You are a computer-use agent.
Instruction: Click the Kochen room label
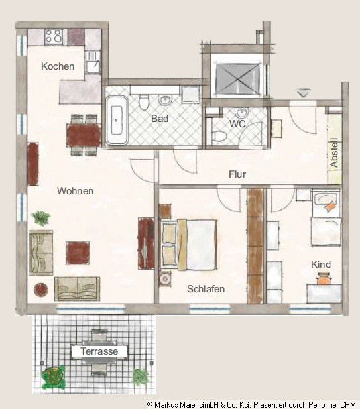58,66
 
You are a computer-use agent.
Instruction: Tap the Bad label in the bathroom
160,119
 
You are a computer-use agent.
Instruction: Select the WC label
237,124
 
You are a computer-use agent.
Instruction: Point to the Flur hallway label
237,174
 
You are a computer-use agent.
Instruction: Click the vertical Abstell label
334,152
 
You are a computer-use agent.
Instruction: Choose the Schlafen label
206,289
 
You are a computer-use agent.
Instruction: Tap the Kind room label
321,264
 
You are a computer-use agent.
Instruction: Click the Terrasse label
99,351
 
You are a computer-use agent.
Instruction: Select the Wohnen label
75,191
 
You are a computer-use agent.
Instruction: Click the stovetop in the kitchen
54,36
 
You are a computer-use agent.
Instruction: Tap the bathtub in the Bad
117,121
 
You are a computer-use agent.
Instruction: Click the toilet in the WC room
218,136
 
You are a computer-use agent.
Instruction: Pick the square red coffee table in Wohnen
78,253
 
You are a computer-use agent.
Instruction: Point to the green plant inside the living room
40,218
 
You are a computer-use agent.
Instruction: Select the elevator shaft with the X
237,79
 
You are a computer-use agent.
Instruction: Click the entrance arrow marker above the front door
304,93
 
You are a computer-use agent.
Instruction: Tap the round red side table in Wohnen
41,290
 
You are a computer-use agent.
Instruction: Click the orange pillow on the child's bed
330,206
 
